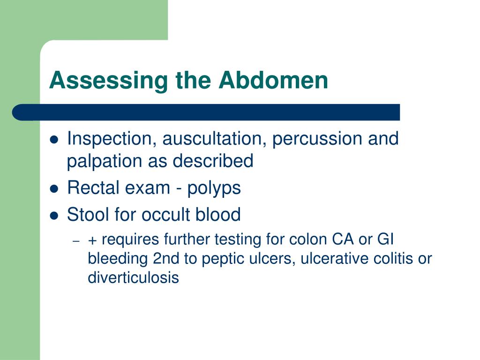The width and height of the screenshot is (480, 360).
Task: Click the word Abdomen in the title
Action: tap(273, 80)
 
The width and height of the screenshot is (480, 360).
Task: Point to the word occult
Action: tap(165, 214)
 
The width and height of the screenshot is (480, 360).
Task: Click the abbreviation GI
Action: tap(385, 239)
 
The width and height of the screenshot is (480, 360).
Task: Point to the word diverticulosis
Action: tap(133, 277)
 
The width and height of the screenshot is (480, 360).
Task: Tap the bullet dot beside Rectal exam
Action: tap(54, 189)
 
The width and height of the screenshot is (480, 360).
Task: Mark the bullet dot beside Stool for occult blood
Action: tap(54, 216)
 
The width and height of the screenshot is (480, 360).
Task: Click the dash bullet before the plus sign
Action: tap(76, 241)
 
